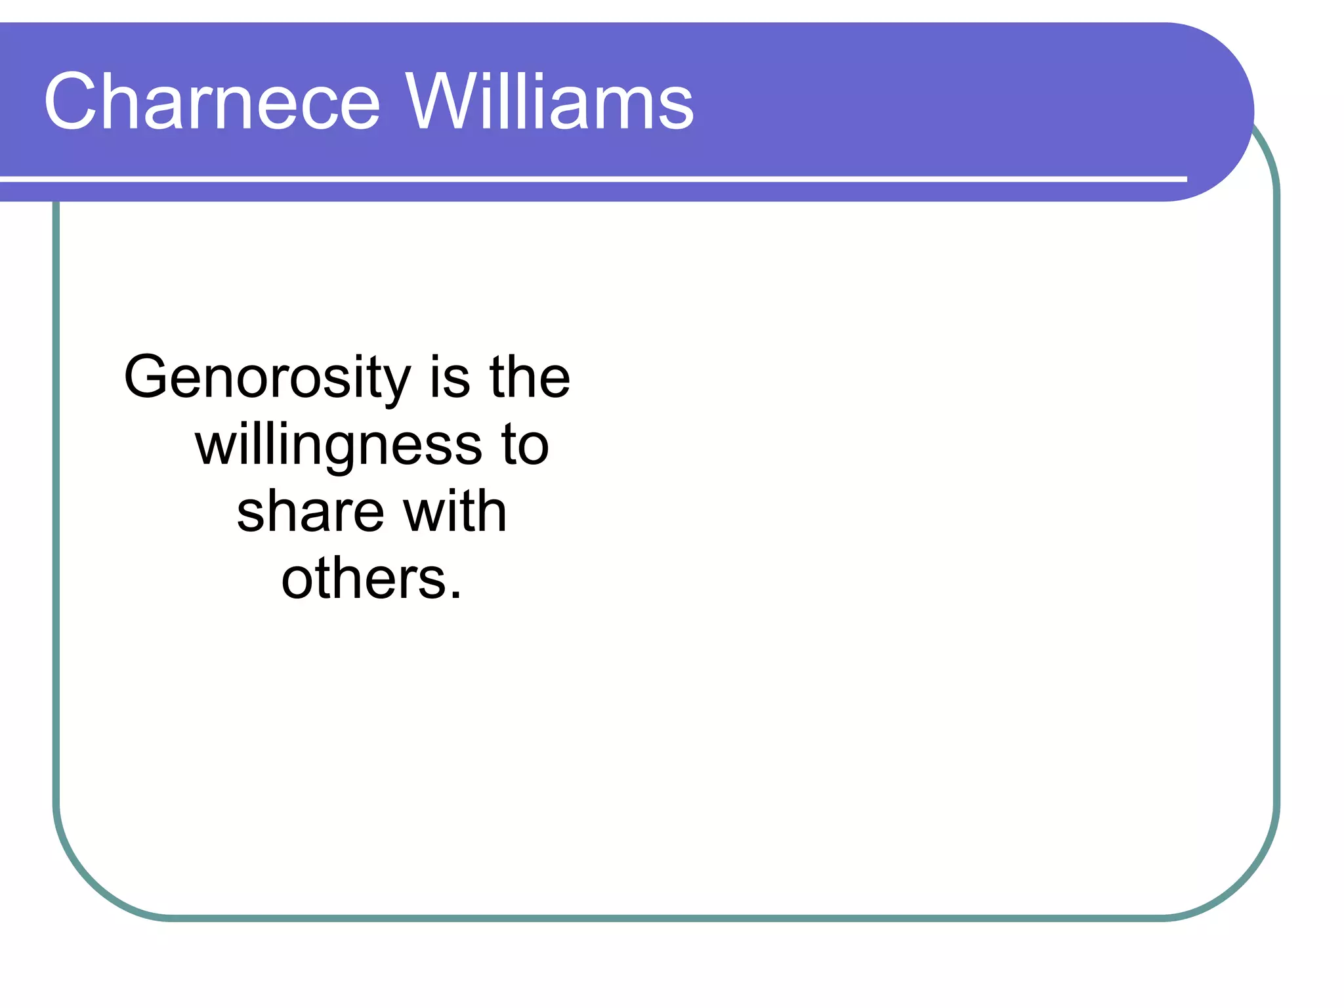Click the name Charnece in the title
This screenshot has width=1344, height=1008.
click(x=211, y=102)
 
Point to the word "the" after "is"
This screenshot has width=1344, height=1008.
click(x=530, y=377)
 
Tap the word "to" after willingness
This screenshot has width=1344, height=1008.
click(x=525, y=445)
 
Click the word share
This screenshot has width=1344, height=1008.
click(x=310, y=512)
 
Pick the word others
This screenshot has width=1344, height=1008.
click(x=364, y=579)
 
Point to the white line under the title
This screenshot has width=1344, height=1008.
click(x=591, y=178)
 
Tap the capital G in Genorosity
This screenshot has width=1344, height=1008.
click(x=145, y=377)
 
